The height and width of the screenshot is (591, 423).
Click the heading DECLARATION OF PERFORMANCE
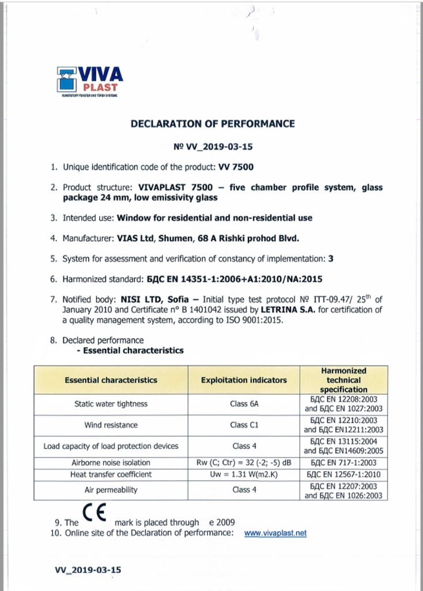pyautogui.click(x=213, y=124)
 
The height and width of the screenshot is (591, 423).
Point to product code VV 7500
pyautogui.click(x=236, y=167)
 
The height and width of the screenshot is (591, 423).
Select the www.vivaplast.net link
pyautogui.click(x=275, y=533)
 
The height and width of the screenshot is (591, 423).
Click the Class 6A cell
pyautogui.click(x=244, y=404)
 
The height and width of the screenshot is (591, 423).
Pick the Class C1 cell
pyautogui.click(x=244, y=425)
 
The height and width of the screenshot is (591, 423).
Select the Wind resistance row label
pyautogui.click(x=111, y=425)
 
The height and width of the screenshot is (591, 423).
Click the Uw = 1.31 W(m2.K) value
pyautogui.click(x=244, y=474)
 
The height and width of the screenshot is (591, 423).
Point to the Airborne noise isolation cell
pyautogui.click(x=111, y=463)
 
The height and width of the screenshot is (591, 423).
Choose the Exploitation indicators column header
pyautogui.click(x=244, y=380)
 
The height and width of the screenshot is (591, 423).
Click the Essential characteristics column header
pyautogui.click(x=111, y=380)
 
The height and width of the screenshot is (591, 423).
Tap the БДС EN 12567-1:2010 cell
pyautogui.click(x=344, y=474)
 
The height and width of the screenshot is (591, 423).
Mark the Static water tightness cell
pyautogui.click(x=111, y=404)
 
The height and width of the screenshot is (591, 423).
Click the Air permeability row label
pyautogui.click(x=111, y=489)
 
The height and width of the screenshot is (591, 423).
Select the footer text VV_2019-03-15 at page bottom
pyautogui.click(x=88, y=570)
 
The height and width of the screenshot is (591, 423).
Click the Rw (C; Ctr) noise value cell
pyautogui.click(x=244, y=463)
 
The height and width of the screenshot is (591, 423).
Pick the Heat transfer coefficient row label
pyautogui.click(x=111, y=474)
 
